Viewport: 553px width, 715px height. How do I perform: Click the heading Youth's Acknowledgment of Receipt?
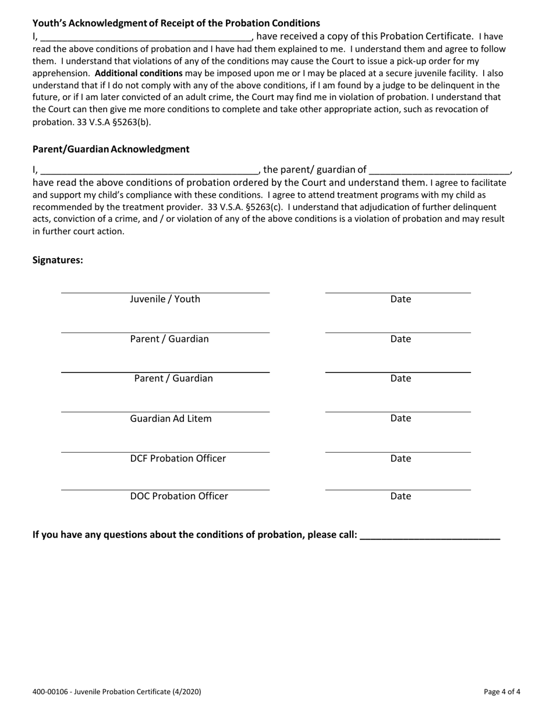(x=176, y=23)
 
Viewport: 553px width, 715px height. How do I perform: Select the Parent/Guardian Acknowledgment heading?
(x=111, y=149)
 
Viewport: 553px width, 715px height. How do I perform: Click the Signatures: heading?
(x=58, y=260)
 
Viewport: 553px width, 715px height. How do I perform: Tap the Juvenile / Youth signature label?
(x=165, y=299)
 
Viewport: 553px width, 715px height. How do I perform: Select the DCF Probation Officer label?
(x=178, y=459)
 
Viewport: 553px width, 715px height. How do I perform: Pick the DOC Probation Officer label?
(x=179, y=496)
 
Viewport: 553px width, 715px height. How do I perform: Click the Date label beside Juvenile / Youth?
(x=400, y=299)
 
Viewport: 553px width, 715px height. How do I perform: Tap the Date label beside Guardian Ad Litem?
(x=400, y=419)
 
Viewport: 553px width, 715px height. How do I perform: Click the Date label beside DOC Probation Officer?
(x=400, y=496)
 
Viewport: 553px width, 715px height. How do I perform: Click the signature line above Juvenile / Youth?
(x=165, y=292)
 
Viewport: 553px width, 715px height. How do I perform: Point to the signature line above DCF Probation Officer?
(x=165, y=452)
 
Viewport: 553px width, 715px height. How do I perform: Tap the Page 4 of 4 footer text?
(x=502, y=692)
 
